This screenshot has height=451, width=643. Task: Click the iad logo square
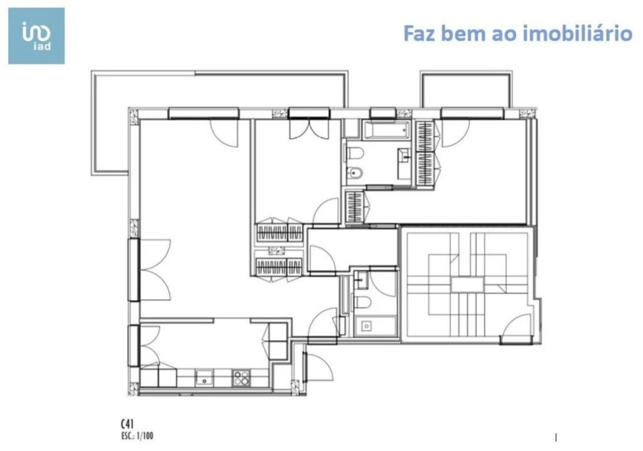[x=36, y=36]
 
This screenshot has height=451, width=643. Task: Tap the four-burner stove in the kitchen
[x=241, y=378]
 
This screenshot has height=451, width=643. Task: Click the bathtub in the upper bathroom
[x=386, y=131]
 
